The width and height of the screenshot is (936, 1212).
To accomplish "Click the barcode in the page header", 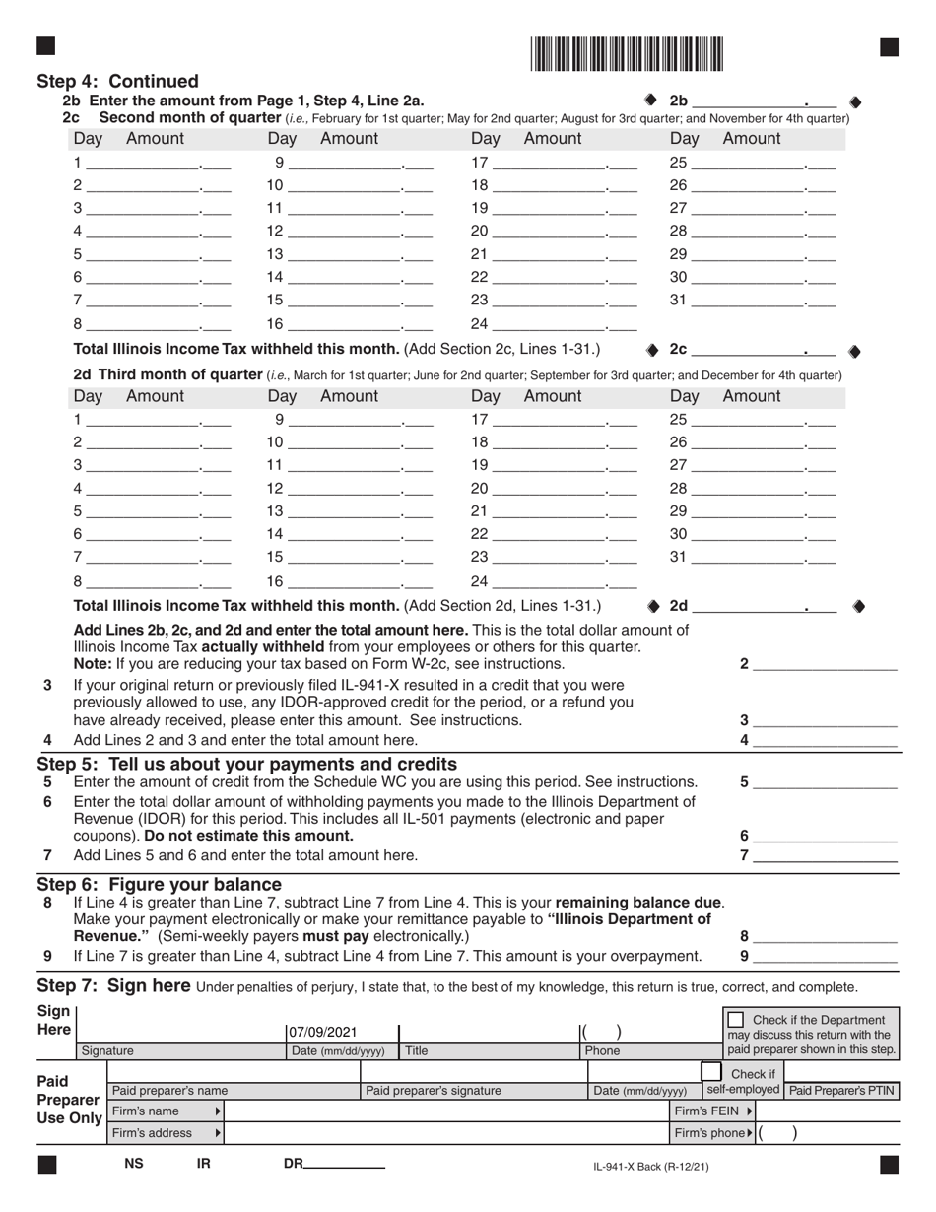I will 627,54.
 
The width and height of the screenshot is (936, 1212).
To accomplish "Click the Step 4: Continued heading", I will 117,82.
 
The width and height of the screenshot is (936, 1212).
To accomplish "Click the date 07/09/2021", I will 322,1033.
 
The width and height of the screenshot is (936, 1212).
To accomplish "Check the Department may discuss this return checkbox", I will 735,1019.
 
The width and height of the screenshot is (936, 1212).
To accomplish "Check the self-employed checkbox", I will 711,1072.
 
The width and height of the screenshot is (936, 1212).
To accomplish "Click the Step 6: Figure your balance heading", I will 159,884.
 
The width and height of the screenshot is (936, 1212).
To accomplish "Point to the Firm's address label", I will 152,1133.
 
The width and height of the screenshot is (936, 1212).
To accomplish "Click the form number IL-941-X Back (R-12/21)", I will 650,1167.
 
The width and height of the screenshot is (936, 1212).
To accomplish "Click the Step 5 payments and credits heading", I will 246,764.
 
